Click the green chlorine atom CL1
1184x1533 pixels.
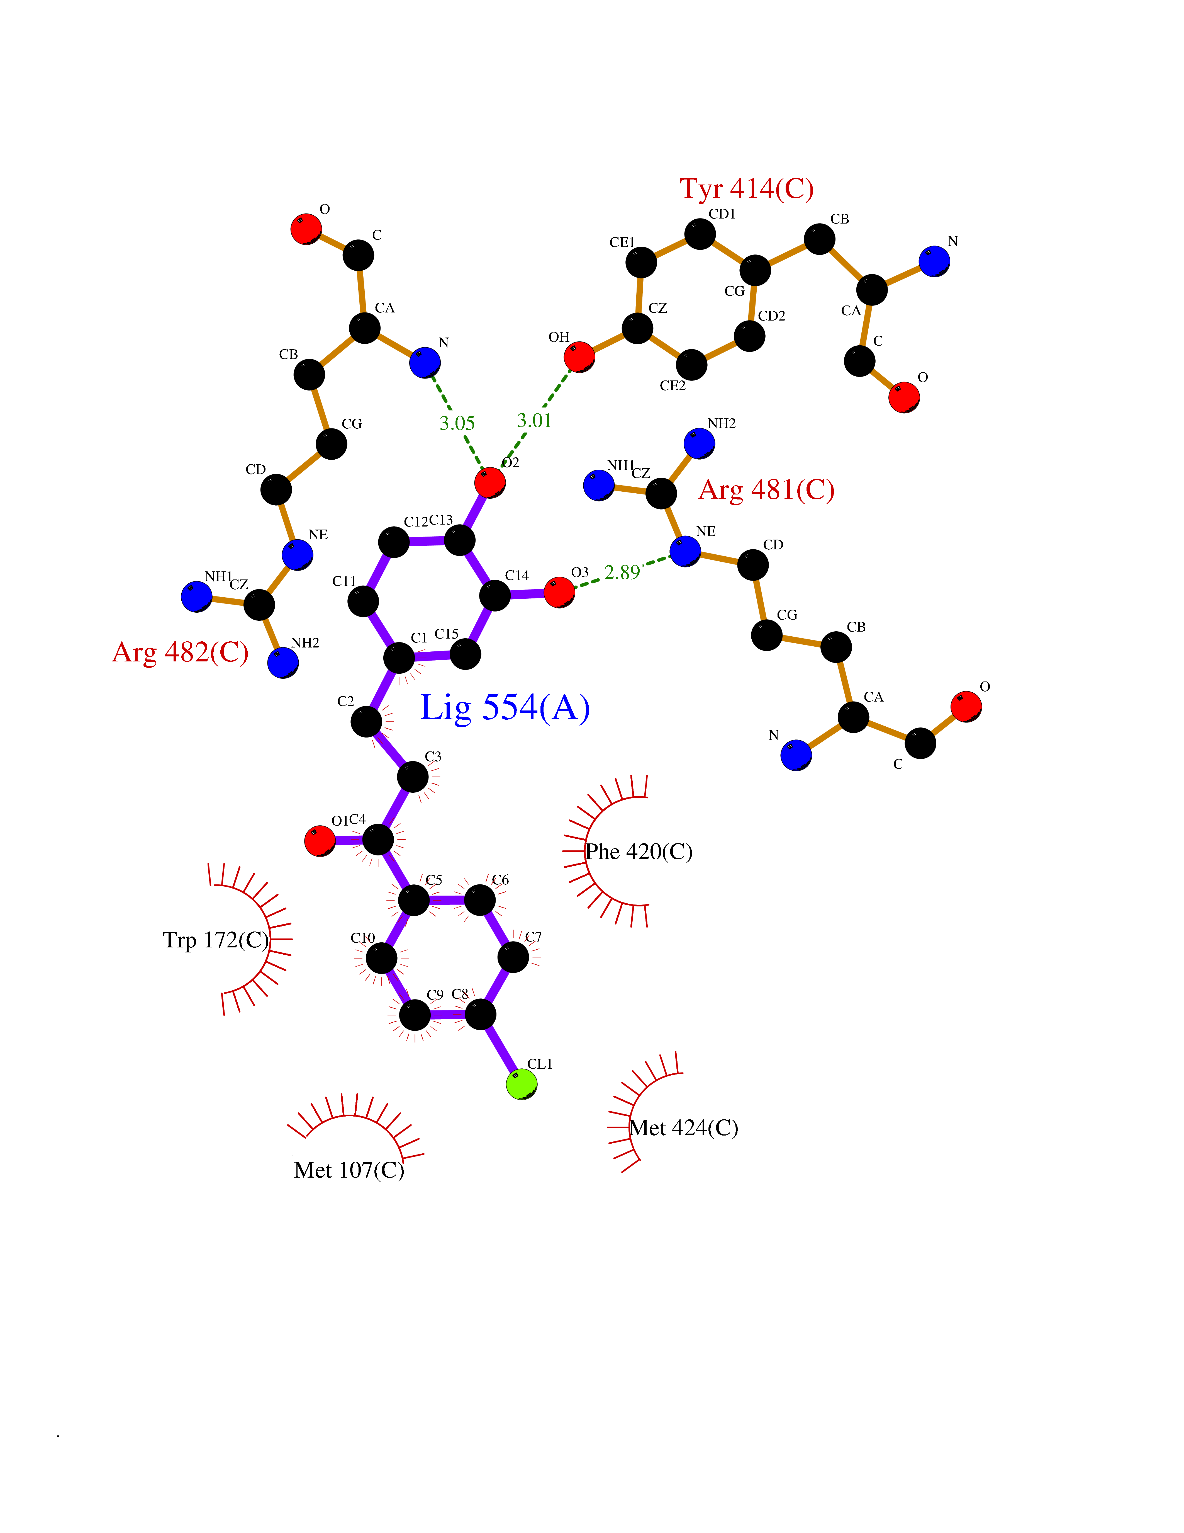(522, 1085)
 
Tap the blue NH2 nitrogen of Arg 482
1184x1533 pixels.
(283, 663)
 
